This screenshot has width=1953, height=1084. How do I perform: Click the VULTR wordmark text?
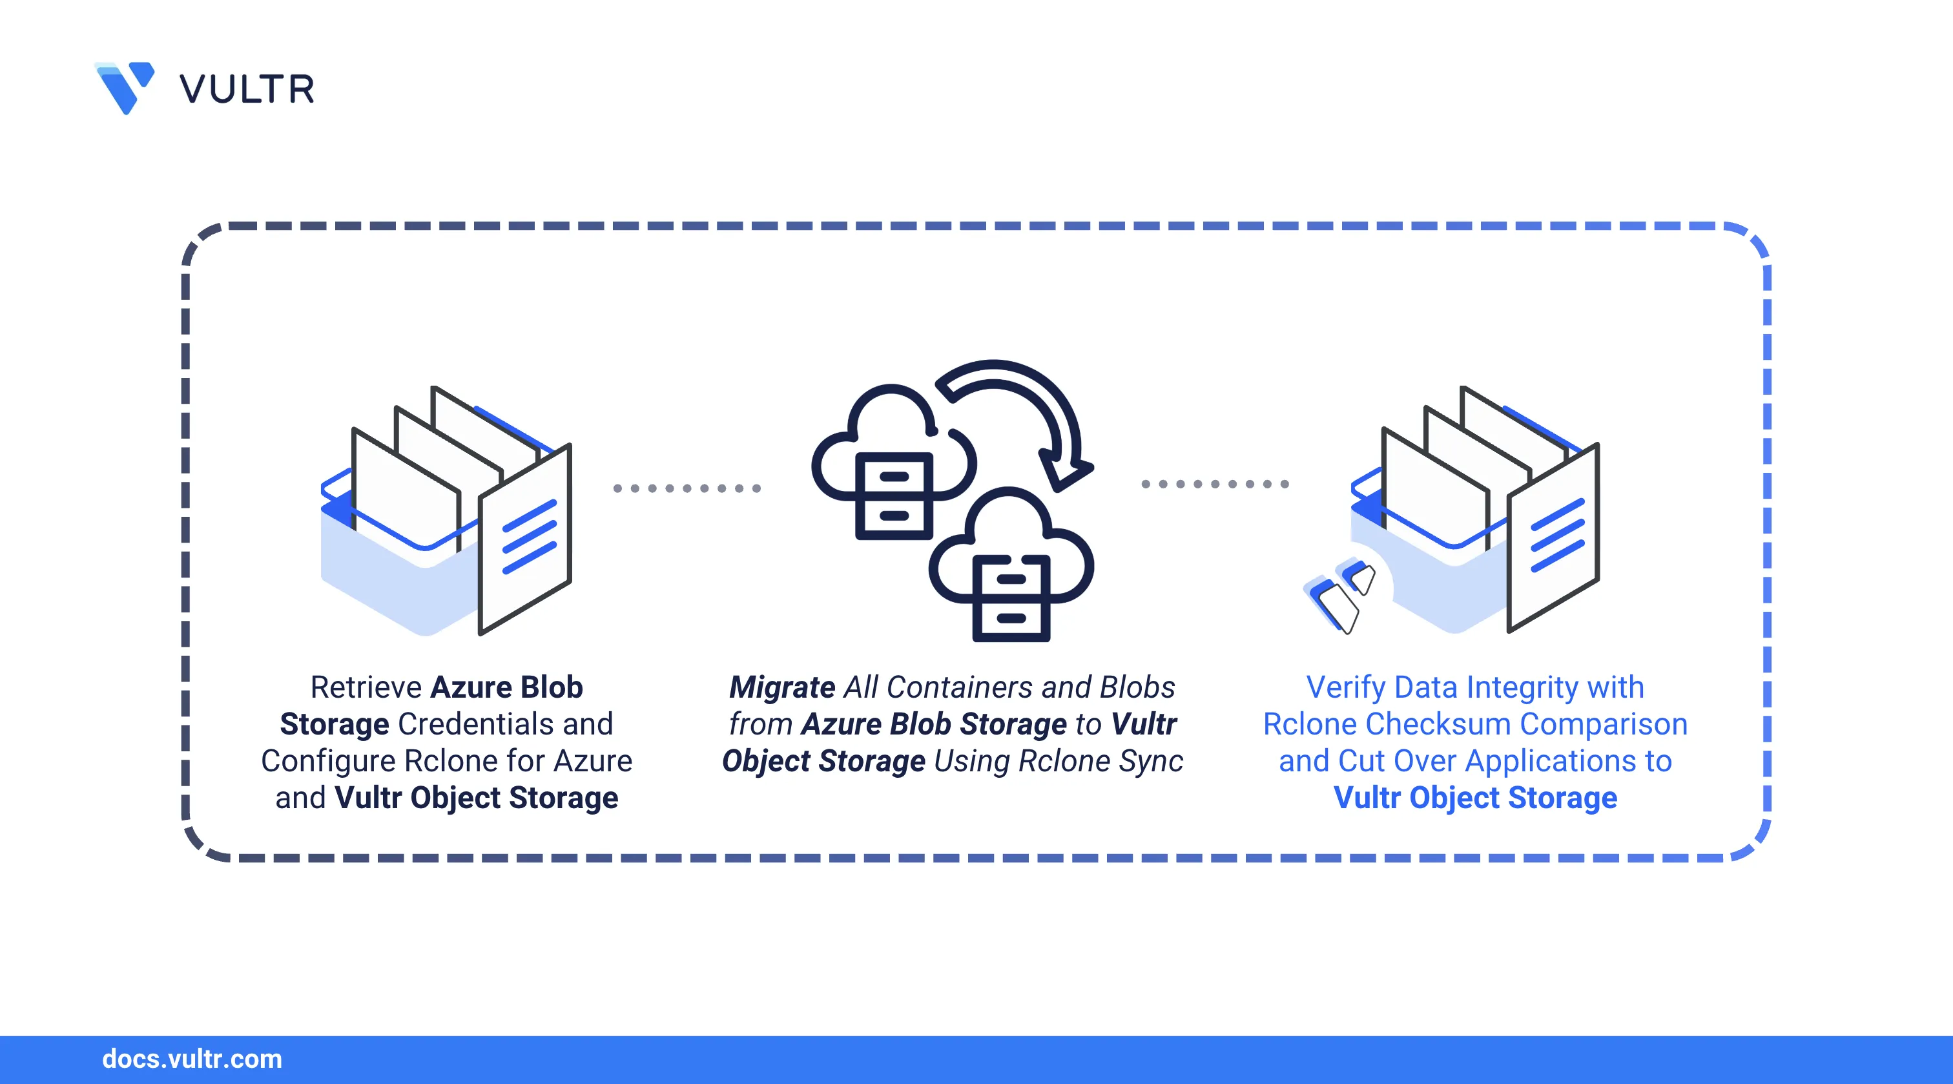[247, 90]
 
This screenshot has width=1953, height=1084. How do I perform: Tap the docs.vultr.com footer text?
[192, 1059]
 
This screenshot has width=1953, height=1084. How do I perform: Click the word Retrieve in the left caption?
[366, 687]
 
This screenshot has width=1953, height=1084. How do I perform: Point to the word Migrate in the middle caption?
[781, 687]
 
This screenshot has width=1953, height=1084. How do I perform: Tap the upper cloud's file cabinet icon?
[894, 496]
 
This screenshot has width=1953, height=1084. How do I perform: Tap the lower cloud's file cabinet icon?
[1011, 598]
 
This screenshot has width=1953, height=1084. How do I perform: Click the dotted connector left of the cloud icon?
[686, 488]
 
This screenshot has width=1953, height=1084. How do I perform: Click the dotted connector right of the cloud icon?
[1215, 483]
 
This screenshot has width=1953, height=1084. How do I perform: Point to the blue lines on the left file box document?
[529, 536]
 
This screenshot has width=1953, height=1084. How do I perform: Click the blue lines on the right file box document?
[1558, 535]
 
